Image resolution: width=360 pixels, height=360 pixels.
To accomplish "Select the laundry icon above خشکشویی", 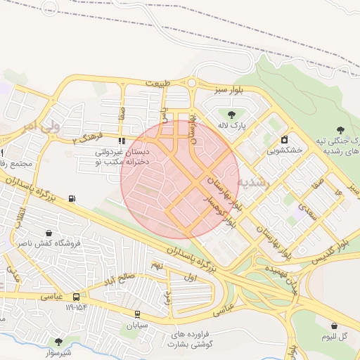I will point(285,139).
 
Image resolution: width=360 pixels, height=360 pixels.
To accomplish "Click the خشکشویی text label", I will point(285,150).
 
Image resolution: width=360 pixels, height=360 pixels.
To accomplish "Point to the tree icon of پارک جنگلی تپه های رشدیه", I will point(340,129).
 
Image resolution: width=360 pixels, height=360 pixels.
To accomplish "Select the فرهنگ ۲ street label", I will point(88,136).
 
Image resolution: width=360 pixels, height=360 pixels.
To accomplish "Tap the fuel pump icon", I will point(72,198).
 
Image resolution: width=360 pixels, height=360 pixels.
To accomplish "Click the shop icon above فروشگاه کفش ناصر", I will point(48,233).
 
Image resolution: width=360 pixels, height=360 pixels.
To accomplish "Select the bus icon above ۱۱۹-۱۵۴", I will point(76,297).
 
